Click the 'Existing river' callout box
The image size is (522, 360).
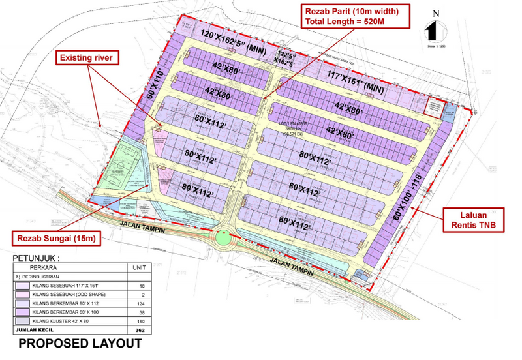click(x=87, y=58)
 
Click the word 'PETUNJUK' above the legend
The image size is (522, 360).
click(x=37, y=258)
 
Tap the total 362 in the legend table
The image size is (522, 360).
click(x=138, y=331)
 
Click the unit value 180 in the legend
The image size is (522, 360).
click(x=138, y=322)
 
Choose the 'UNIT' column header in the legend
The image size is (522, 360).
click(x=138, y=267)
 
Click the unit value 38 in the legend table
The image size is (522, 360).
click(x=138, y=312)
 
